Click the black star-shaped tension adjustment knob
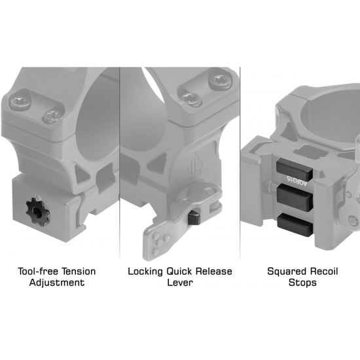38,211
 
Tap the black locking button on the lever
194,218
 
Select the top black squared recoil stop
295,170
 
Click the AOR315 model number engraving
297,182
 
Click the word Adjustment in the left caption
57,283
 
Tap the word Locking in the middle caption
145,272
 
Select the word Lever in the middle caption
180,282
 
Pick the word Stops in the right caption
302,283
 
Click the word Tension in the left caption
77,272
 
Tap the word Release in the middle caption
214,272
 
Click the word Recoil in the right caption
324,272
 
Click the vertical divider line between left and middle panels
119,164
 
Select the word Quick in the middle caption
179,272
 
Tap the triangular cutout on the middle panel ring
157,161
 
